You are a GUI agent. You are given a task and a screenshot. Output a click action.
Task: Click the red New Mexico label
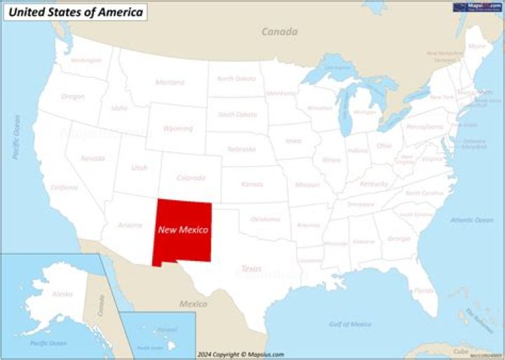182,229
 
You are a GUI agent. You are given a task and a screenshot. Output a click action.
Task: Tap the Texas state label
251,269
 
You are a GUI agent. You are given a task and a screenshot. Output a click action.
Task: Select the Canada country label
279,32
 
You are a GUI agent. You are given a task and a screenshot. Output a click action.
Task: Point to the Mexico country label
194,304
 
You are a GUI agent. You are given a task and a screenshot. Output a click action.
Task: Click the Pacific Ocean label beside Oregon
15,138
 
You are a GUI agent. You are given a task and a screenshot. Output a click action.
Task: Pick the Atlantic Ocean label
471,220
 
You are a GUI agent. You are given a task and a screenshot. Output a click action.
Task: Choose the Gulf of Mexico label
349,324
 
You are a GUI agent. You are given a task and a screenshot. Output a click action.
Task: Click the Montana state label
170,82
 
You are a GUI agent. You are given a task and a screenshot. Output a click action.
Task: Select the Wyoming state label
177,128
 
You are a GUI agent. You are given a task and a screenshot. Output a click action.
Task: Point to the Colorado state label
191,178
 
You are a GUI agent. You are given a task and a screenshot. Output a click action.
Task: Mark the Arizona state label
130,225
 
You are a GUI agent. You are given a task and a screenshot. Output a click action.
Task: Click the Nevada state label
93,159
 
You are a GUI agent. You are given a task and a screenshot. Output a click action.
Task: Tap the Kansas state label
252,184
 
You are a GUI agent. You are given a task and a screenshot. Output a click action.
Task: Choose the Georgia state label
398,239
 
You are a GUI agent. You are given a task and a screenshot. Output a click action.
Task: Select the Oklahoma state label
265,219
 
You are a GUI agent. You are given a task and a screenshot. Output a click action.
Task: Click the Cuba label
460,349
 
